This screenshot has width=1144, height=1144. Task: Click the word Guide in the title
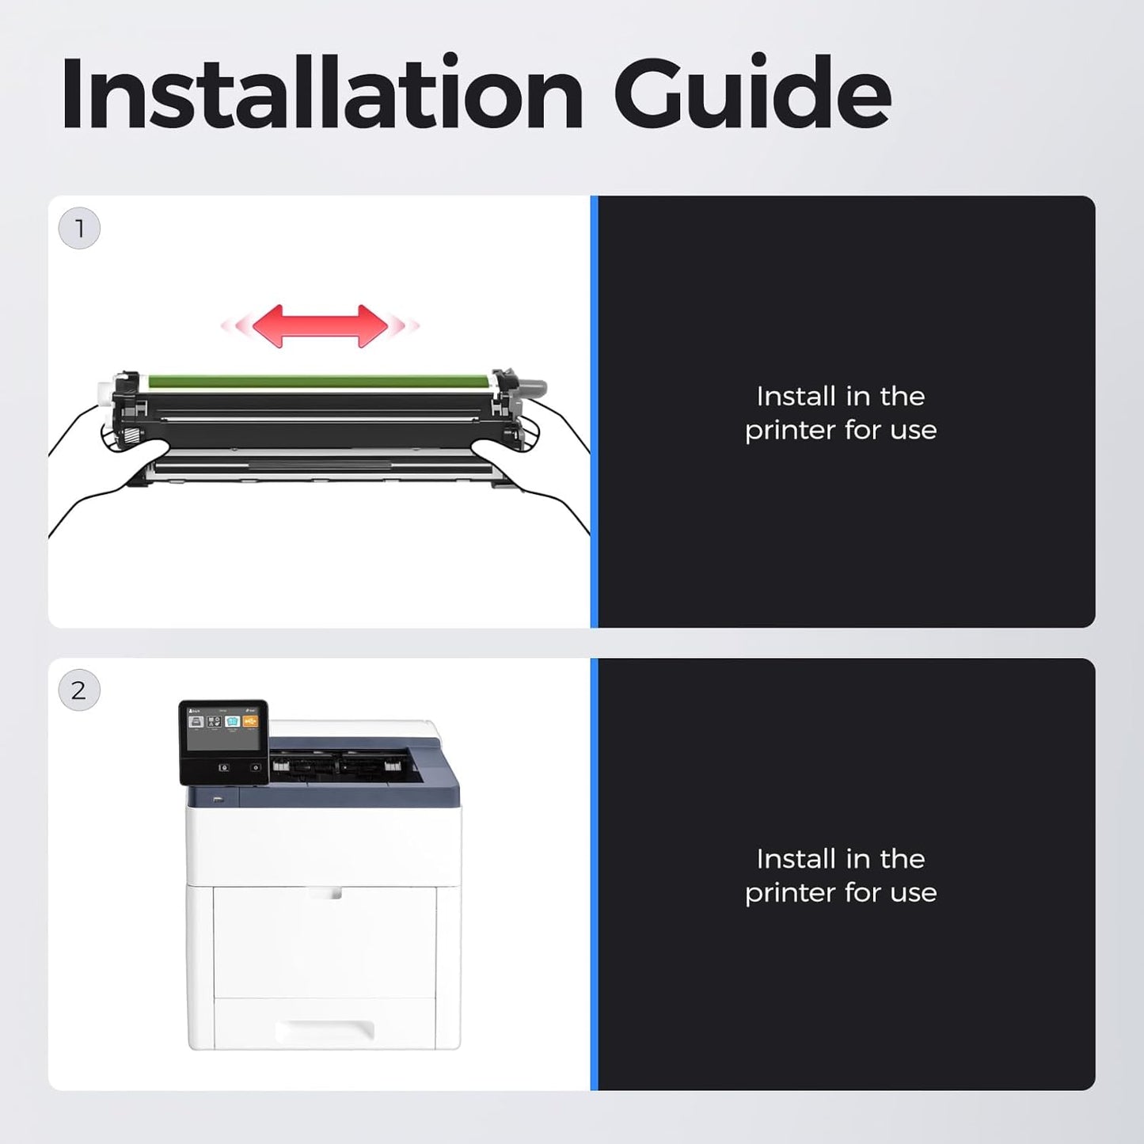[752, 91]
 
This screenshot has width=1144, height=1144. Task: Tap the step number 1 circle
[79, 228]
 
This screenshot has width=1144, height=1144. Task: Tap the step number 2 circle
[79, 690]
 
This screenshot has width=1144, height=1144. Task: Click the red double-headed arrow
[320, 326]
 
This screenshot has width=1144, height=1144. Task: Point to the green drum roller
[319, 381]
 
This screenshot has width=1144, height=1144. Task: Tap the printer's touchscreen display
[224, 730]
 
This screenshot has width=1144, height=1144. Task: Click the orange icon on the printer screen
[250, 721]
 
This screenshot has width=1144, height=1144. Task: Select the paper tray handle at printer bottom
[325, 1030]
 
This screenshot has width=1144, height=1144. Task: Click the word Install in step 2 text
[795, 859]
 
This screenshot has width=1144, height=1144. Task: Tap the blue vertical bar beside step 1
[595, 412]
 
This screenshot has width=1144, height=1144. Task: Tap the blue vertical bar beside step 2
[595, 874]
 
